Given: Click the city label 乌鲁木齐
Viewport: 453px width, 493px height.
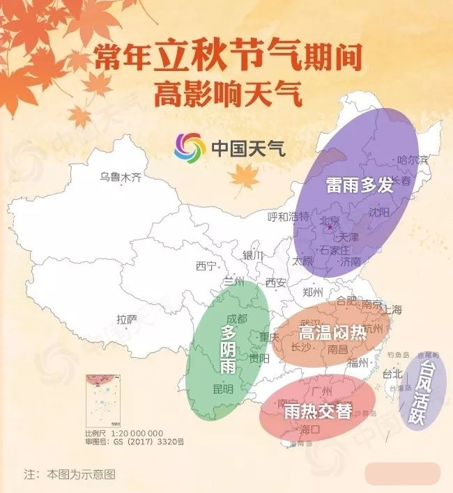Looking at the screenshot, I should pos(121,178).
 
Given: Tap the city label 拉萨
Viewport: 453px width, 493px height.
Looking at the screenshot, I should pos(127,320).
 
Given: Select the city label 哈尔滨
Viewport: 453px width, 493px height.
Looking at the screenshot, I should pos(411,159).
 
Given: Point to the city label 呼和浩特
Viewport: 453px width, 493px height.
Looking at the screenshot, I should pos(288,217).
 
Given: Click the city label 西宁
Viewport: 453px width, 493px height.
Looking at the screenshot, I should pos(206,265).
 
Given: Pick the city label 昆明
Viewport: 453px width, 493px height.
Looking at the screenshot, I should pos(222,389).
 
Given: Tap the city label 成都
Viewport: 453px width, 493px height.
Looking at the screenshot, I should pos(237,318).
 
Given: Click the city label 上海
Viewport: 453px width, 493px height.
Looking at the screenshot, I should pos(392,309).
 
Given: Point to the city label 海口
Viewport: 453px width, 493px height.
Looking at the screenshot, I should pos(309,430).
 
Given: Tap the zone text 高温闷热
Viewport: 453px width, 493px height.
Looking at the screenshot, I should pos(332,332).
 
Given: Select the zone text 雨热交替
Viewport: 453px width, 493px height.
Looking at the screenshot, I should pos(318,411).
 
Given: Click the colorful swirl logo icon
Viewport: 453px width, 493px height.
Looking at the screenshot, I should pos(188,147).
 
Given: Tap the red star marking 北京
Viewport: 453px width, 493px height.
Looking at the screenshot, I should pos(330,228).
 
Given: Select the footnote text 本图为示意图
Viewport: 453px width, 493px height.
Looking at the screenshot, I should pos(81,474).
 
